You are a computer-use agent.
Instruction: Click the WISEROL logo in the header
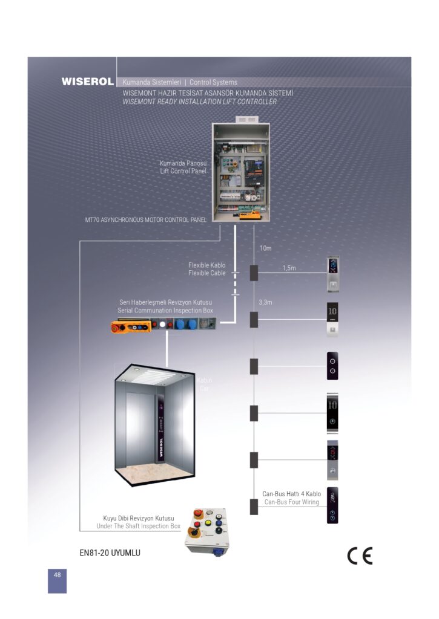87,82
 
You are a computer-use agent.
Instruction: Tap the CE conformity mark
360,555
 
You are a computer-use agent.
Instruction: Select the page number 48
57,575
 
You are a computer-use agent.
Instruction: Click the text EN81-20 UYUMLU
110,552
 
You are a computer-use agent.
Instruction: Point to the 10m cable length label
265,248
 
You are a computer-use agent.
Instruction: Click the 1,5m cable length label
289,267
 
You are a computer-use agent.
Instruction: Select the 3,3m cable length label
265,302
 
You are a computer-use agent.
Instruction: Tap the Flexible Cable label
206,273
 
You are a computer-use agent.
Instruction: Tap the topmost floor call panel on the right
332,274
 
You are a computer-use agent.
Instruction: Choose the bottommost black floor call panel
332,505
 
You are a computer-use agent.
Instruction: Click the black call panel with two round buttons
332,365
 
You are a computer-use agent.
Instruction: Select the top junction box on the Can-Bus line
254,273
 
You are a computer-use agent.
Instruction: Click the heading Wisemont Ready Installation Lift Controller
199,102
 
